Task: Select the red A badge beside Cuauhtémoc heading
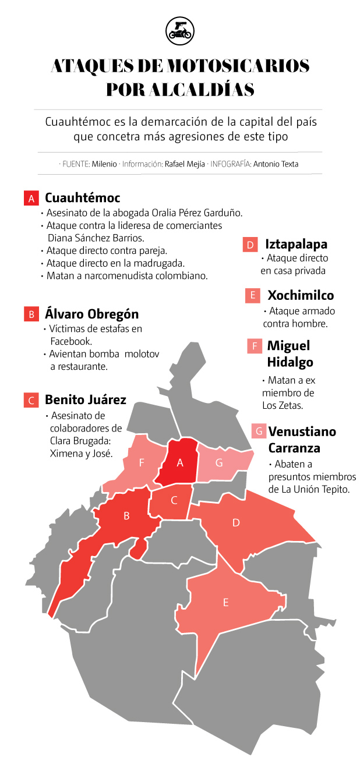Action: (x=31, y=199)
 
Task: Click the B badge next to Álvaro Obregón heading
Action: (x=31, y=314)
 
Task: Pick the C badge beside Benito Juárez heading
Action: (x=31, y=401)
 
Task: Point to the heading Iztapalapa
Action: (x=296, y=244)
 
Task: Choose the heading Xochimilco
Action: (x=301, y=295)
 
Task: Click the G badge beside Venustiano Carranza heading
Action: (x=259, y=431)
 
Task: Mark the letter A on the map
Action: (x=180, y=463)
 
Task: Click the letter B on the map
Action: (x=126, y=515)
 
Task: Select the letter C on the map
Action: (x=174, y=500)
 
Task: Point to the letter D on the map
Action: (x=236, y=523)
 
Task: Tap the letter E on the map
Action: (x=225, y=603)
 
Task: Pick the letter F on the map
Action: (x=142, y=463)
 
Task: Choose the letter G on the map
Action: (x=219, y=463)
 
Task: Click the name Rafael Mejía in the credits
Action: (x=185, y=164)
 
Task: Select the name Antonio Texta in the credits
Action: (x=276, y=164)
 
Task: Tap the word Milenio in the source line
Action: (x=104, y=164)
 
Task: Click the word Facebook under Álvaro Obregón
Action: (x=72, y=341)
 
